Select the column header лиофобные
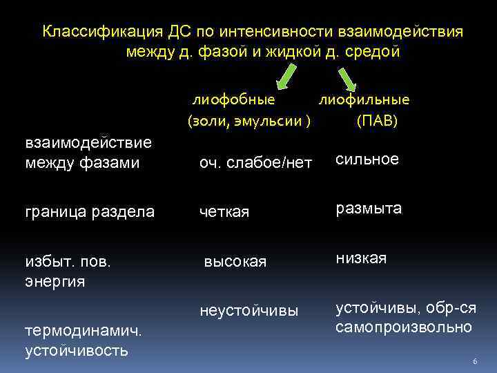point(233,99)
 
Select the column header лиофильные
point(363,99)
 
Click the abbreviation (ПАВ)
point(377,122)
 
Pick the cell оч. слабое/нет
point(255,164)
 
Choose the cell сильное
point(367,160)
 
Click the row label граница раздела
point(90,212)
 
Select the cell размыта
point(369,209)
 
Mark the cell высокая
point(235,262)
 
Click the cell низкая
point(361,258)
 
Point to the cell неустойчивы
point(248,312)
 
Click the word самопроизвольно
point(404,327)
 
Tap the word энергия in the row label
point(55,281)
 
